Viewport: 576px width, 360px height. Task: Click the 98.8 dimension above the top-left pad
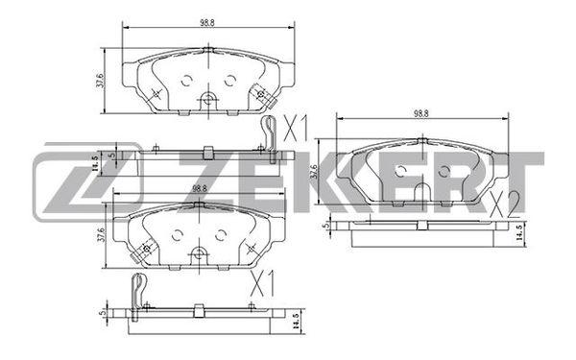pyautogui.click(x=207, y=22)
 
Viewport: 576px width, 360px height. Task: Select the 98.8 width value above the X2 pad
pyautogui.click(x=421, y=113)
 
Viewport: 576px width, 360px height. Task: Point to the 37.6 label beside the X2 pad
pyautogui.click(x=314, y=171)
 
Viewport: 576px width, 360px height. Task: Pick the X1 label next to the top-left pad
pyautogui.click(x=295, y=128)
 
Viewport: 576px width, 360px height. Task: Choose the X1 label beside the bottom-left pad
pyautogui.click(x=262, y=283)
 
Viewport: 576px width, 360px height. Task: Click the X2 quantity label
pyautogui.click(x=505, y=204)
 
